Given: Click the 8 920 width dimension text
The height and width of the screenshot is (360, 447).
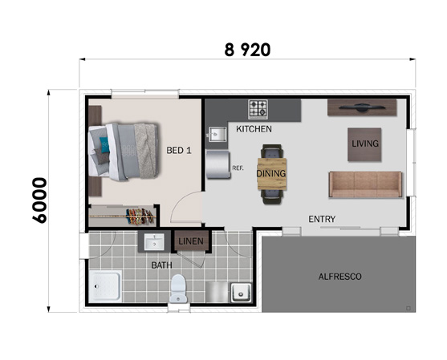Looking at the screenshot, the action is pos(247,50).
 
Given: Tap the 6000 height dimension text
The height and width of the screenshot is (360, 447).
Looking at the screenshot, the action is pos(39,200).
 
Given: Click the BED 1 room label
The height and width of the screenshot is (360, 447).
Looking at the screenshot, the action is pos(179,151).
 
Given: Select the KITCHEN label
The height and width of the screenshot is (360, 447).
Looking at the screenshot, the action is pos(254,129).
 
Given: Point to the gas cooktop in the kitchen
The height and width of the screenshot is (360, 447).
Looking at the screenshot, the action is pos(258,109).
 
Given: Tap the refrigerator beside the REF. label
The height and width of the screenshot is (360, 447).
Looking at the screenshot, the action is pos(218,164).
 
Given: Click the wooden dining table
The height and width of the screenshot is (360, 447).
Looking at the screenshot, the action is pos(272,174).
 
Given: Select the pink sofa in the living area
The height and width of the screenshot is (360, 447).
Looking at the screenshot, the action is pos(365,184).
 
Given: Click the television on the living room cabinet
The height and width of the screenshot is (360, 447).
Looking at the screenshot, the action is pos(362,107).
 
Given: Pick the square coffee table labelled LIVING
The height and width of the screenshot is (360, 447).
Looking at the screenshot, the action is pos(364,144).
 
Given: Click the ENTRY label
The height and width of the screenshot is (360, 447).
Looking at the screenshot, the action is pos(322,219).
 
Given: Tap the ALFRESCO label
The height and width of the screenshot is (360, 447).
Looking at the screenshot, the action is pos(339,277).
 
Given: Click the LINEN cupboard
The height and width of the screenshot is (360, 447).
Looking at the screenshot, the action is pos(191,241).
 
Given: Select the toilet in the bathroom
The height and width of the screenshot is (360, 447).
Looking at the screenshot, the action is pos(178,288).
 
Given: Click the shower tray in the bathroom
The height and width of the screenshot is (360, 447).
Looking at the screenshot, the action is pos(105,286).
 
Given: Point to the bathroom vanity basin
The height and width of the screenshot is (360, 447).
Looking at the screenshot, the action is pos(154,242).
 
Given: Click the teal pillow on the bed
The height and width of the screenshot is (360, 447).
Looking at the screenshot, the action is pos(104,144).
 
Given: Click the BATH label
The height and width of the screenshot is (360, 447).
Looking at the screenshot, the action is pos(161,265).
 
